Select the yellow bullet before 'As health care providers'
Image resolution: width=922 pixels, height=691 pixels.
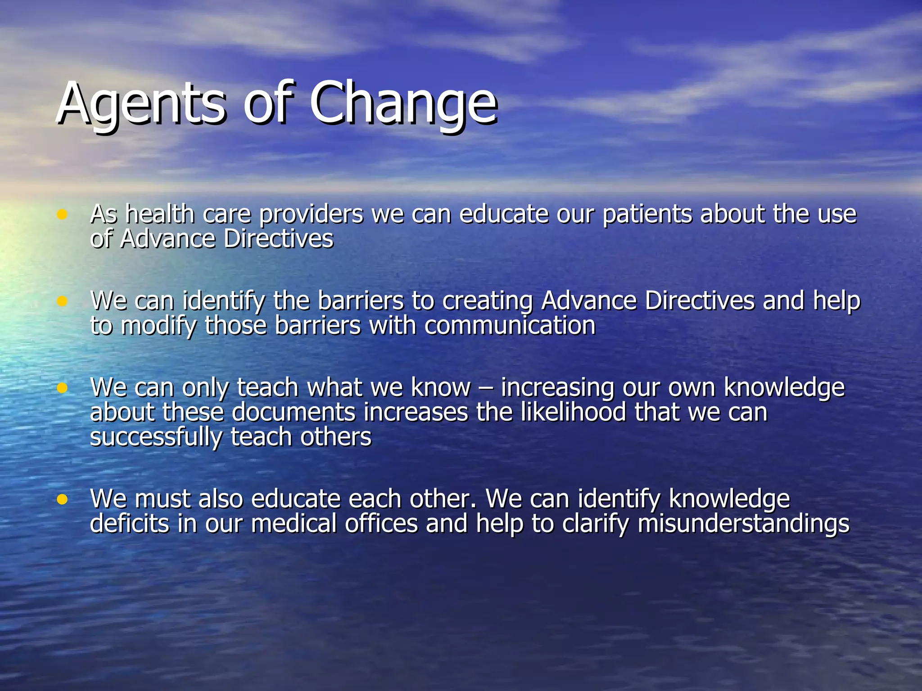pyautogui.click(x=62, y=214)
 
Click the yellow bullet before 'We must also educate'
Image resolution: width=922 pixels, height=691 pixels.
pyautogui.click(x=62, y=499)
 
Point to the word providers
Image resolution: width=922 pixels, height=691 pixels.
pyautogui.click(x=311, y=215)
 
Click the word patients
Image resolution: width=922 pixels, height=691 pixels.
pyautogui.click(x=647, y=215)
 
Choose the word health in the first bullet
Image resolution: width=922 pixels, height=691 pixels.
pyautogui.click(x=160, y=215)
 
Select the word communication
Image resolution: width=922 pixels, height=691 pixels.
pyautogui.click(x=510, y=326)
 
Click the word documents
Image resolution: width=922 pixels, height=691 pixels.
pyautogui.click(x=294, y=413)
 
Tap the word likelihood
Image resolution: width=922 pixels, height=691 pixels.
pyautogui.click(x=573, y=413)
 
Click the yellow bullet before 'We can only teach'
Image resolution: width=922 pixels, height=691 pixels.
pyautogui.click(x=62, y=388)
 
